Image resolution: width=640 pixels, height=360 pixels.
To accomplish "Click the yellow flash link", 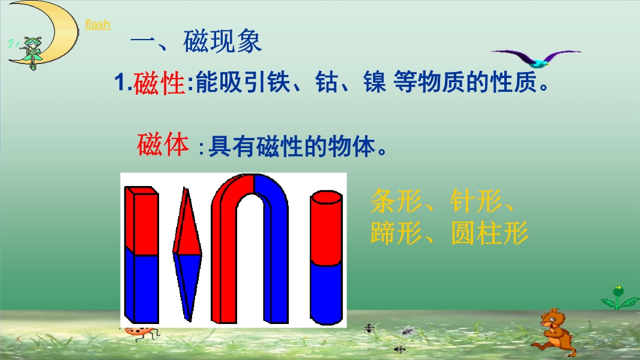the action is (97, 25).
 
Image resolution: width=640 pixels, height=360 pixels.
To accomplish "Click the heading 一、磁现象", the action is (196, 41).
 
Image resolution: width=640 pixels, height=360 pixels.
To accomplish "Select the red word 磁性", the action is (159, 83).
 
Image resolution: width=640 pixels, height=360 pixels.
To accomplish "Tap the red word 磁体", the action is (163, 145).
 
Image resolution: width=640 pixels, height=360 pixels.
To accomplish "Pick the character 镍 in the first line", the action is (375, 82).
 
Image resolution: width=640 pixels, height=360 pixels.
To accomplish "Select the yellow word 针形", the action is (475, 201).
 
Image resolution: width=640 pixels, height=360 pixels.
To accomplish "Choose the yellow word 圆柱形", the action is (489, 233).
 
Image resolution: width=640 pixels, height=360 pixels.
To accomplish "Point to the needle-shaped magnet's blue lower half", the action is (187, 281).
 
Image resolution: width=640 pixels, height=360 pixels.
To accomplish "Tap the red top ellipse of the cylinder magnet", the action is (326, 198).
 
